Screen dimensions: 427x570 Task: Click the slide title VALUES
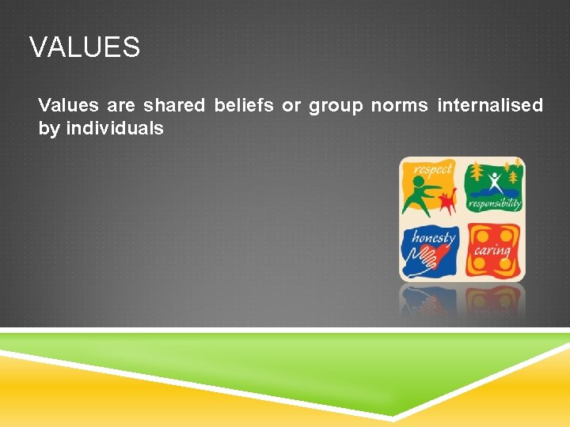tap(85, 47)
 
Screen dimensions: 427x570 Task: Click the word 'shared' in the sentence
tap(173, 105)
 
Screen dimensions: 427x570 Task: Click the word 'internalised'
tap(490, 105)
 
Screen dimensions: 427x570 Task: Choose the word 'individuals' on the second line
tap(115, 128)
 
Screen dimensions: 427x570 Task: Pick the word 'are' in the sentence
tap(121, 105)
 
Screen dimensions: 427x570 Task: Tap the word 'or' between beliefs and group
tap(291, 105)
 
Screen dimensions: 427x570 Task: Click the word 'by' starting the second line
tap(48, 129)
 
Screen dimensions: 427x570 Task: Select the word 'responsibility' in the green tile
tap(494, 204)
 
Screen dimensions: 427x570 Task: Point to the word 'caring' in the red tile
tap(492, 251)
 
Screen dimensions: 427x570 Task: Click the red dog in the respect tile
tap(448, 202)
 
